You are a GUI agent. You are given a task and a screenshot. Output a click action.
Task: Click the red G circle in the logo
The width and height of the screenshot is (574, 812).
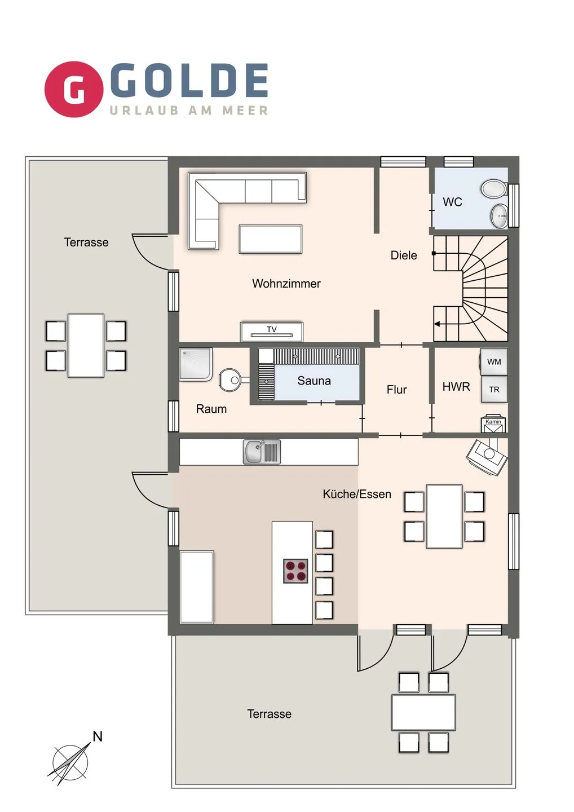(x=73, y=89)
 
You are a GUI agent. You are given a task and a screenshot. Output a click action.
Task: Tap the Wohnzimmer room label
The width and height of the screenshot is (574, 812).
(x=286, y=284)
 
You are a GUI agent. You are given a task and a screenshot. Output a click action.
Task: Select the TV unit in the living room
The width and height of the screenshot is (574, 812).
(x=272, y=332)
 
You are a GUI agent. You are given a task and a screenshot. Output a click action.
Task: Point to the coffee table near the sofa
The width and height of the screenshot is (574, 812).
(x=270, y=239)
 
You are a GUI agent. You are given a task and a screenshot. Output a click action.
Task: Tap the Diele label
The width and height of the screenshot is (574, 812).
(x=404, y=255)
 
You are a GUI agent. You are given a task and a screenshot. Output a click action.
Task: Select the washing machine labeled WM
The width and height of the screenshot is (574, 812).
(x=494, y=362)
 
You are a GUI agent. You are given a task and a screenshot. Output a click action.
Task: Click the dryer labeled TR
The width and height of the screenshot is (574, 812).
(x=494, y=389)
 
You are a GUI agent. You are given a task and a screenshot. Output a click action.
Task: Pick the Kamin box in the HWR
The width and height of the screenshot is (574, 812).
(x=493, y=425)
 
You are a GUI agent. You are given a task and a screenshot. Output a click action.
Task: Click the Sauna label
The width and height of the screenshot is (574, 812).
(x=314, y=381)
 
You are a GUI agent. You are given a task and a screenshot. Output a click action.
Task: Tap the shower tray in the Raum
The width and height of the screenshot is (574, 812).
(x=195, y=365)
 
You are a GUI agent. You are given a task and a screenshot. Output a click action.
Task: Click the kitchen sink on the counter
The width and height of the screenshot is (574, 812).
(x=262, y=452)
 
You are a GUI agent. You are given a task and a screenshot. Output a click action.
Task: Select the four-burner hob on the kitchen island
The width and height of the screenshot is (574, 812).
(x=295, y=571)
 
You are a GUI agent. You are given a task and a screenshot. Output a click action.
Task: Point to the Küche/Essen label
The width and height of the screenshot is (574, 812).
(x=357, y=495)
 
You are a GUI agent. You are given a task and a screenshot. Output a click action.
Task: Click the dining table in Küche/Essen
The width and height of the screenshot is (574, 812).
(x=444, y=517)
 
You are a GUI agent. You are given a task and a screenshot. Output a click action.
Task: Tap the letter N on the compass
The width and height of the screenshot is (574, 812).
(x=98, y=736)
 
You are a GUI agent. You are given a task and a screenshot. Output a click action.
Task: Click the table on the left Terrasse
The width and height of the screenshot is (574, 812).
(x=86, y=346)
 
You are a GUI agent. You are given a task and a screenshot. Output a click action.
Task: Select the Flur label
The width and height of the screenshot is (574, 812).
(x=396, y=390)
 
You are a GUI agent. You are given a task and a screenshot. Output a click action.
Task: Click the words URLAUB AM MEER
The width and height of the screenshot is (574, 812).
(x=189, y=111)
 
